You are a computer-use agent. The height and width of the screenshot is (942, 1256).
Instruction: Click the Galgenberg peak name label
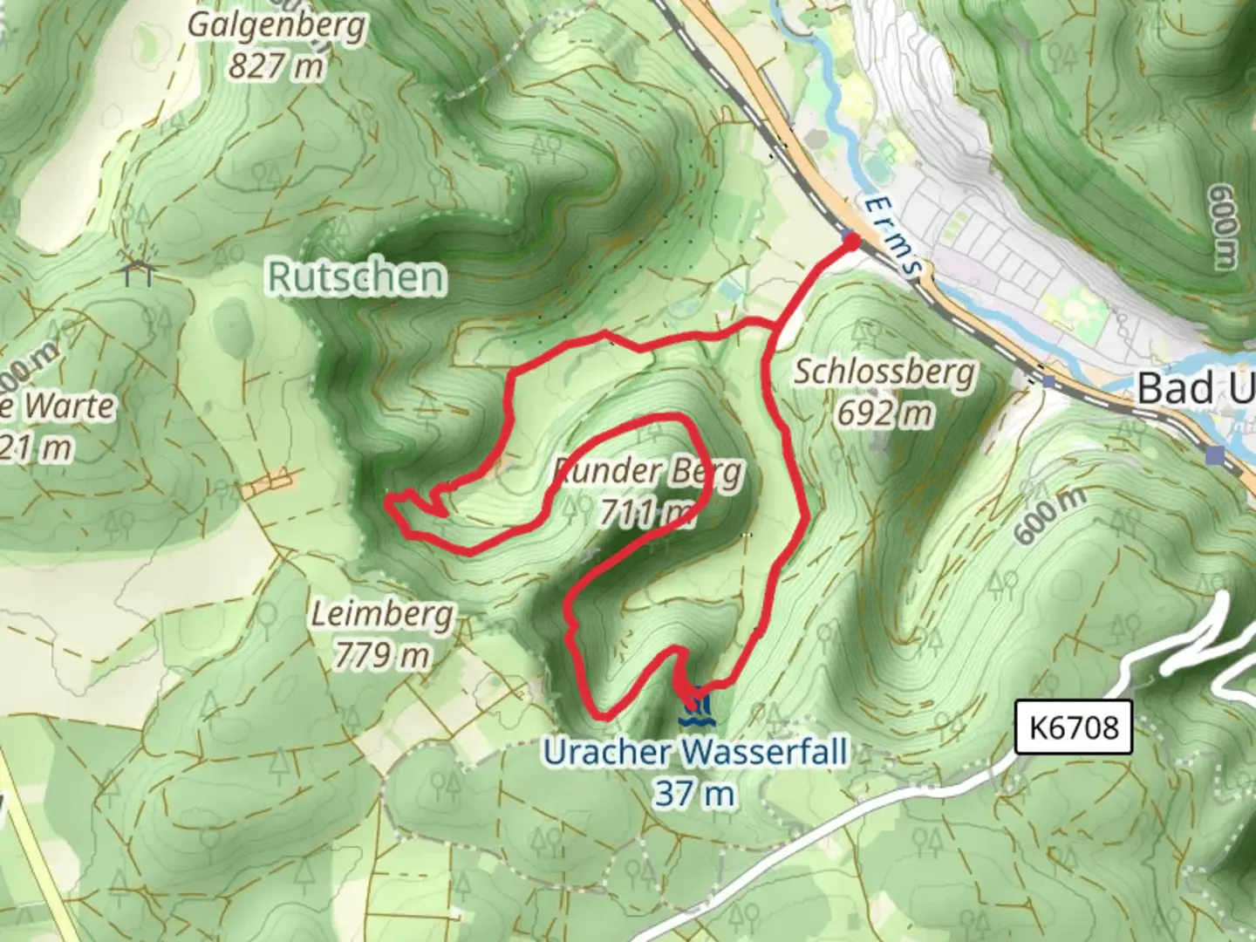pos(276,24)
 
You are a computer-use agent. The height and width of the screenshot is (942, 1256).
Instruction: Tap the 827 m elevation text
pos(276,65)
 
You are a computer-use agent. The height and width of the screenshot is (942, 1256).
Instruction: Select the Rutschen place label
pos(356,277)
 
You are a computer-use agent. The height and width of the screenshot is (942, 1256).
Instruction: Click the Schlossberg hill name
pos(884,372)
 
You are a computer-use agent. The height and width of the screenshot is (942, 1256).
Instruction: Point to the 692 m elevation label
pos(884,413)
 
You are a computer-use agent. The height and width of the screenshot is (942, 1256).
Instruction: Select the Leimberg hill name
pos(383,614)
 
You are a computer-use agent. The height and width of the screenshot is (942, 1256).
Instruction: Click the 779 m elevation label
pos(382,654)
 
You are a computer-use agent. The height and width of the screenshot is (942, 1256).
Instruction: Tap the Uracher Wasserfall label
pos(695,752)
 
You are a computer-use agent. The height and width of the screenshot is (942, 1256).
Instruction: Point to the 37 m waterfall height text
pos(694,794)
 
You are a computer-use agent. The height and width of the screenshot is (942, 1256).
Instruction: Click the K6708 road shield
pos(1074,727)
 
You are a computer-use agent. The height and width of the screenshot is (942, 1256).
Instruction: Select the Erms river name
pos(892,235)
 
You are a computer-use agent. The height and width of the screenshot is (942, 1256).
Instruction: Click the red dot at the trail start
pos(850,240)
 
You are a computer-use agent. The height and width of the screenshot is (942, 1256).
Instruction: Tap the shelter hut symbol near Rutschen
pos(139,272)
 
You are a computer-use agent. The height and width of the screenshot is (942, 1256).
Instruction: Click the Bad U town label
pos(1195,387)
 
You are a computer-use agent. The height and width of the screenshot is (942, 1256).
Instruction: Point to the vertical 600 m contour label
pos(1223,226)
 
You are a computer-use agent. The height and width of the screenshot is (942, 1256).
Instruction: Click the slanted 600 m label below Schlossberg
pos(1051,515)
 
